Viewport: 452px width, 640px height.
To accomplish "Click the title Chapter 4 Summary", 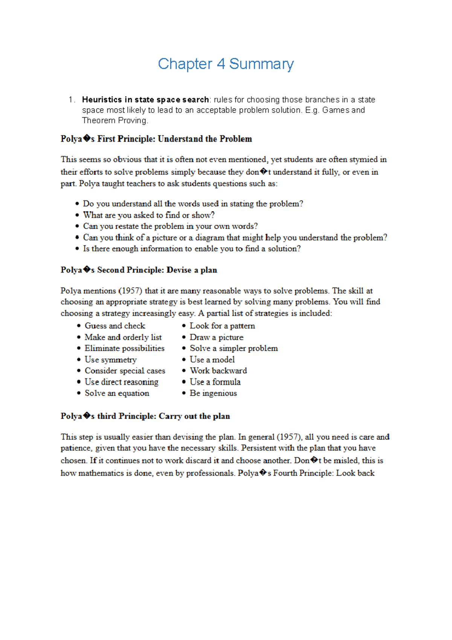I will pos(226,64).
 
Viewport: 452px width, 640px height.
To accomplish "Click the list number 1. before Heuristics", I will pos(72,100).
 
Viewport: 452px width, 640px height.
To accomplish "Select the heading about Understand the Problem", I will pos(156,139).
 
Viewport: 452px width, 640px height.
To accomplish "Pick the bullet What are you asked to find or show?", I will pos(148,215).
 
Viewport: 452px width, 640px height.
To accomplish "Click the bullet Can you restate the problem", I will pos(170,226).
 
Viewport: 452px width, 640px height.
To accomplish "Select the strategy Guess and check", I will pos(115,326).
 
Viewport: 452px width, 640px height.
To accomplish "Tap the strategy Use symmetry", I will pos(110,360).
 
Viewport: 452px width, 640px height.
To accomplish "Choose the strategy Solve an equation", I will pos(117,393).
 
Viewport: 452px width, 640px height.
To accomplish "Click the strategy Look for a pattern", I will pos(222,326).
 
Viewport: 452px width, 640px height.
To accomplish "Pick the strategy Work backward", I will pos(218,371).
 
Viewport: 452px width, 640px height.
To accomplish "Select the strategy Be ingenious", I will pos(213,393).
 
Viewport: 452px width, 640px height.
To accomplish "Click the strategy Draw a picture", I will pos(216,337).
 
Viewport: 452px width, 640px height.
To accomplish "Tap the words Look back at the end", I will pos(355,473).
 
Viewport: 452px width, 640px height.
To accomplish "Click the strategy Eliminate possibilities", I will pos(124,349).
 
